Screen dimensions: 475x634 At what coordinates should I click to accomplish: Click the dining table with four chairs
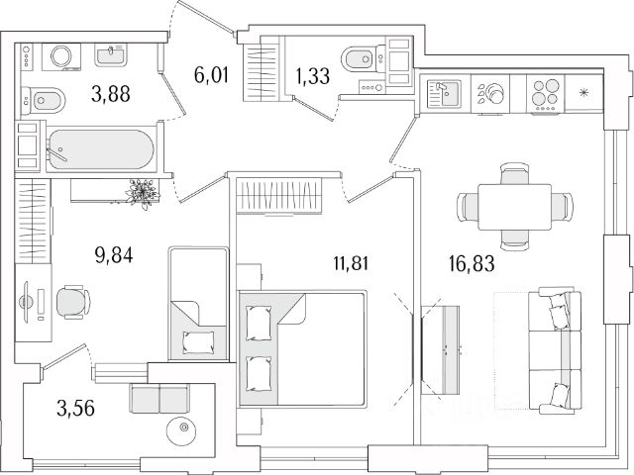(513, 206)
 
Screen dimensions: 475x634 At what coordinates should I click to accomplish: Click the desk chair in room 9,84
(70, 300)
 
